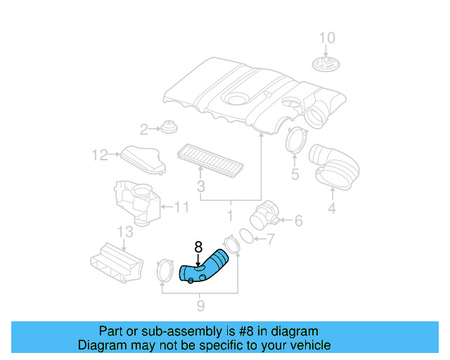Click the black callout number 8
198,247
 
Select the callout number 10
328,38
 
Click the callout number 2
143,129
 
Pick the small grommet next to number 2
169,128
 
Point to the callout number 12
99,155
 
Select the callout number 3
201,187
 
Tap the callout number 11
182,207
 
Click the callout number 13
124,233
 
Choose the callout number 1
229,214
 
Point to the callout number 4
332,208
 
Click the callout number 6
298,221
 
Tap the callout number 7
270,240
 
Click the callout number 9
200,305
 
